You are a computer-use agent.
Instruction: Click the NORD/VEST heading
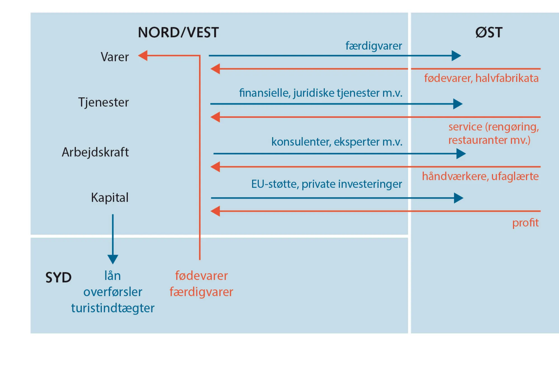(178, 32)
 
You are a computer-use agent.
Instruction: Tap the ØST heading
(489, 32)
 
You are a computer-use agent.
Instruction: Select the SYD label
(58, 278)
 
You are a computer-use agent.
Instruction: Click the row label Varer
(115, 57)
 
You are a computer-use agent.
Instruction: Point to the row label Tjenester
(103, 102)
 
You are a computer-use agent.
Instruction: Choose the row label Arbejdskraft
(95, 152)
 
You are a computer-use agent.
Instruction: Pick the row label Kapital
(110, 198)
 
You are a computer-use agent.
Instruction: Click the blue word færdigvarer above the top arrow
(374, 46)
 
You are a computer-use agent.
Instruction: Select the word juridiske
(314, 93)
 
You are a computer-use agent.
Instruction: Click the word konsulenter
(301, 142)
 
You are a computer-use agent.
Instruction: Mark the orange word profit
(525, 223)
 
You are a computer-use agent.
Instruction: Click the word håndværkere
(455, 176)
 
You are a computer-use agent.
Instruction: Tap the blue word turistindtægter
(113, 308)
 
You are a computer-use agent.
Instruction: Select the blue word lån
(113, 276)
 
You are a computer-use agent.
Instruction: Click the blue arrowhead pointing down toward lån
(113, 259)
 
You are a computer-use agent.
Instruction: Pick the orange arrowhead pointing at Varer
(143, 56)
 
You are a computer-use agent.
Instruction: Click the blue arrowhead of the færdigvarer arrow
(456, 56)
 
